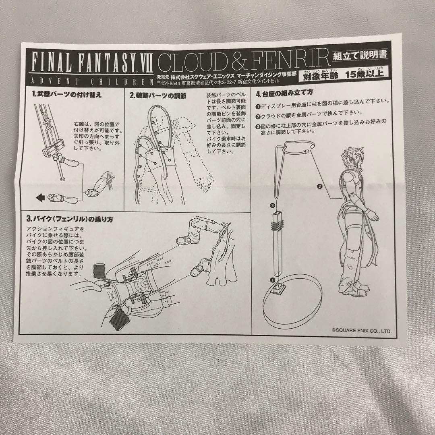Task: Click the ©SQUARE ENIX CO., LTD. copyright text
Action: [361, 330]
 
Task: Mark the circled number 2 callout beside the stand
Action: [319, 186]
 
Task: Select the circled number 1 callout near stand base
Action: [272, 279]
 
